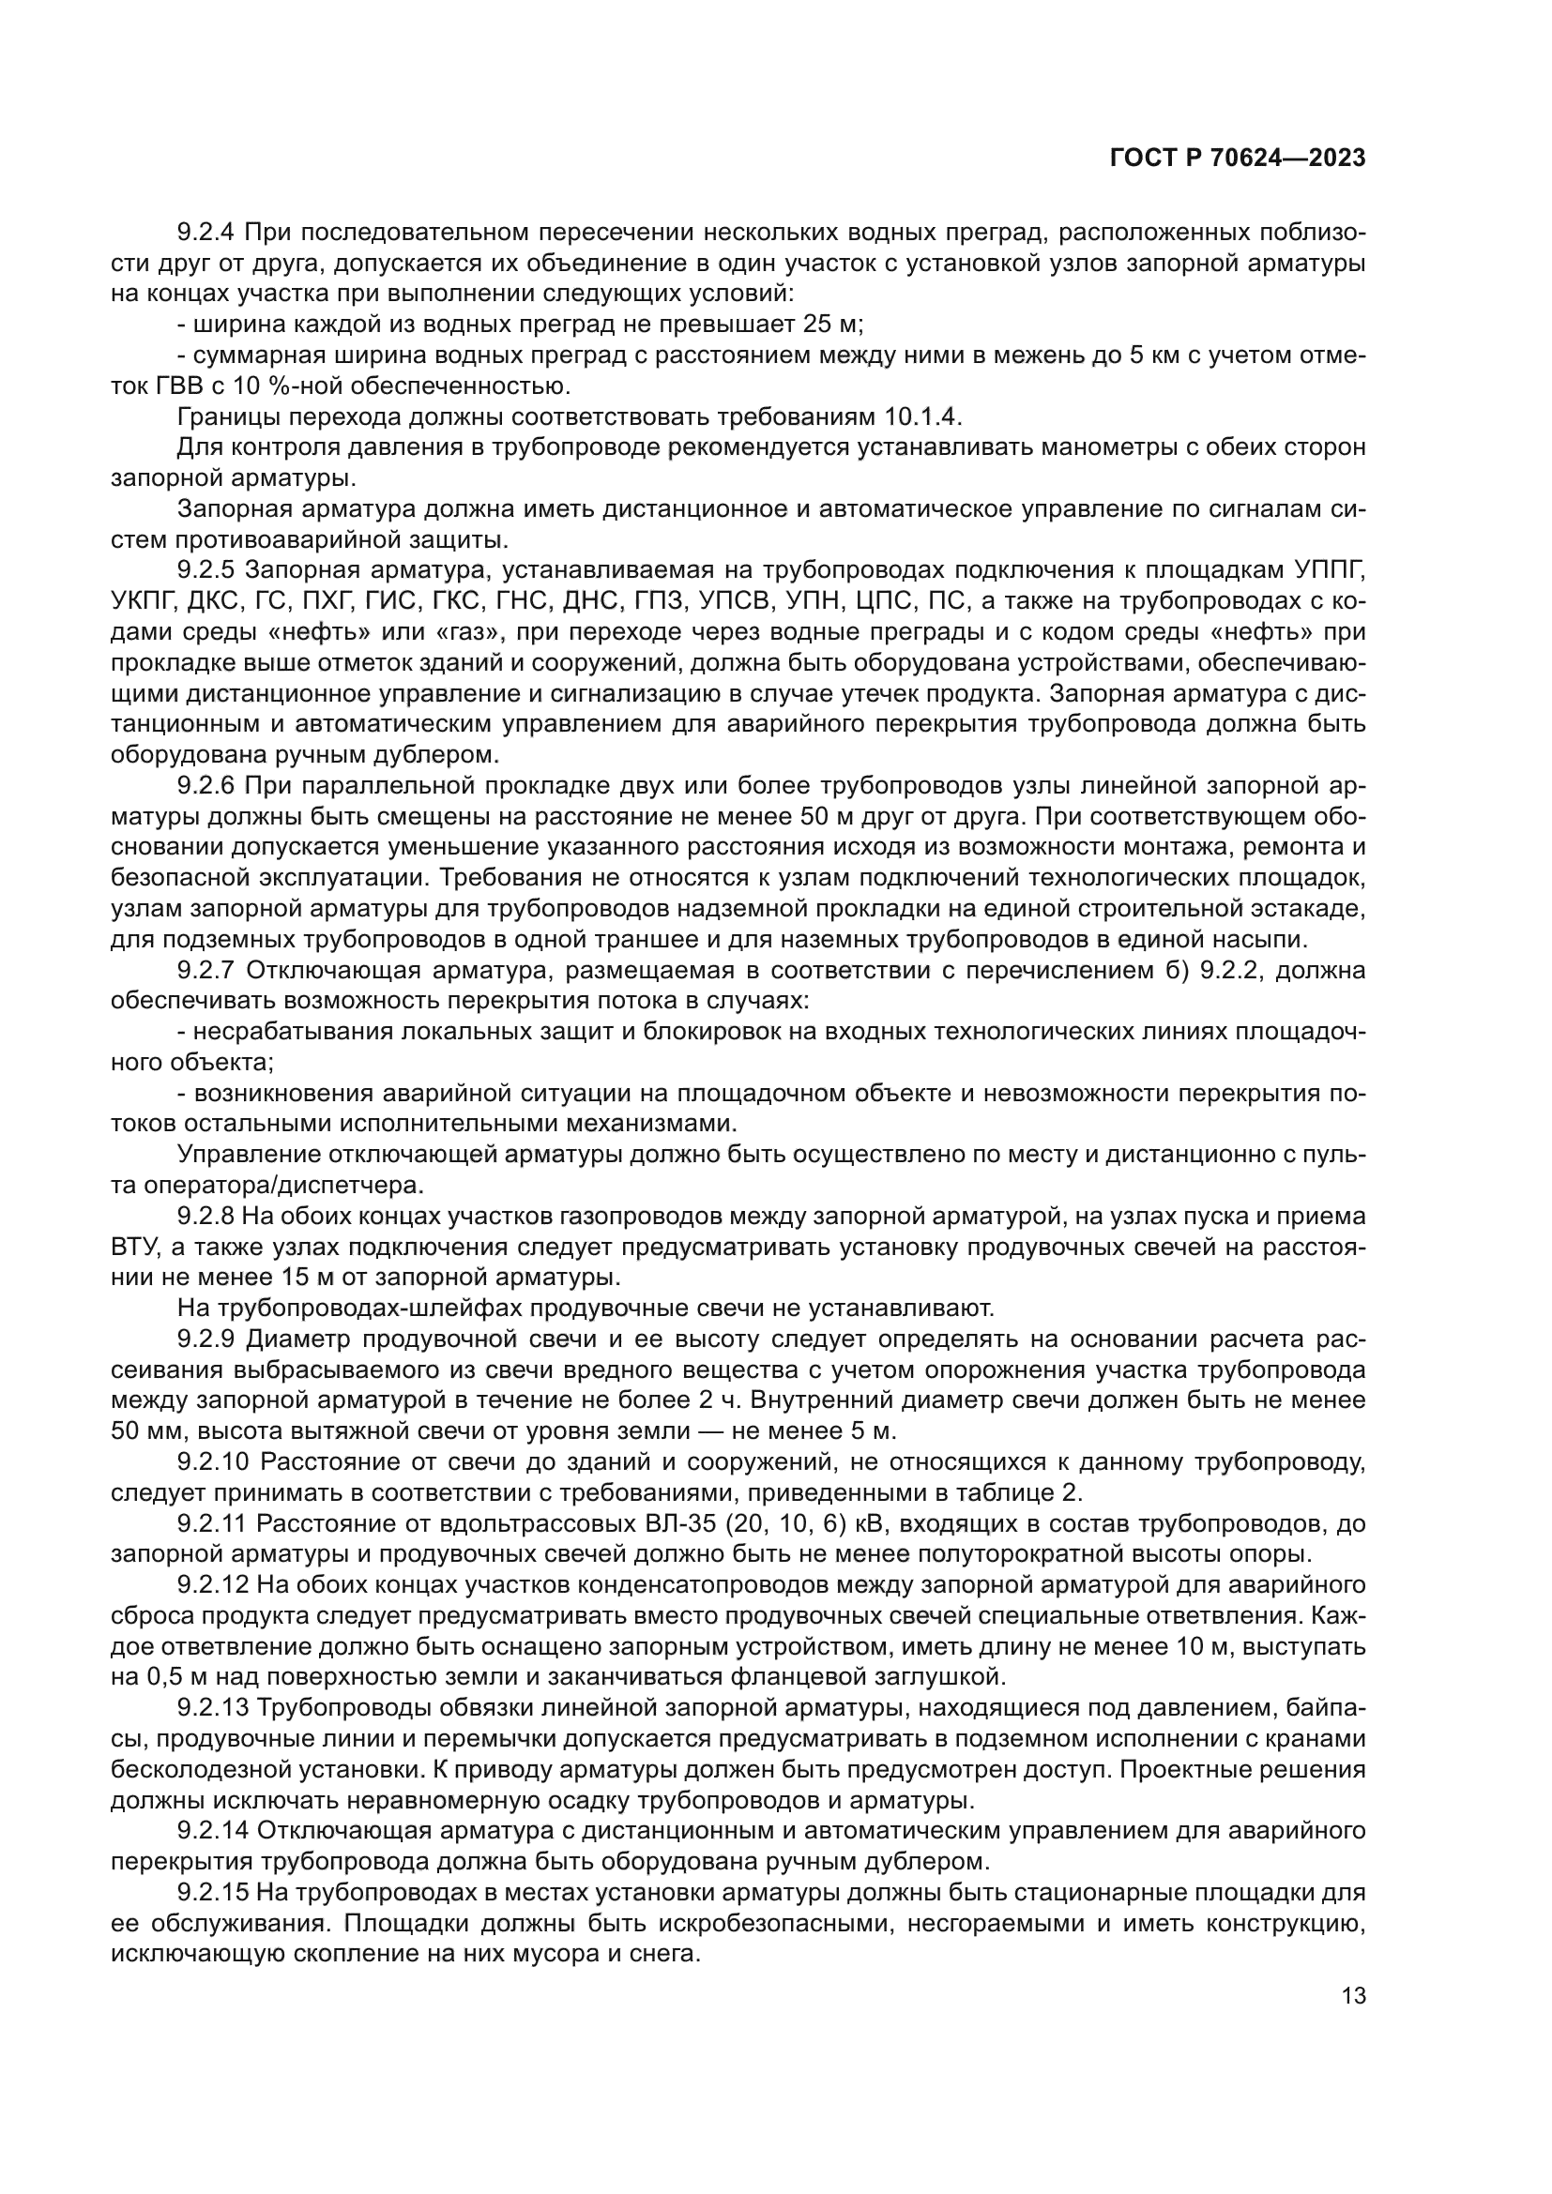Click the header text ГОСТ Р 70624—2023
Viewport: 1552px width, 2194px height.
pyautogui.click(x=1237, y=159)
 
